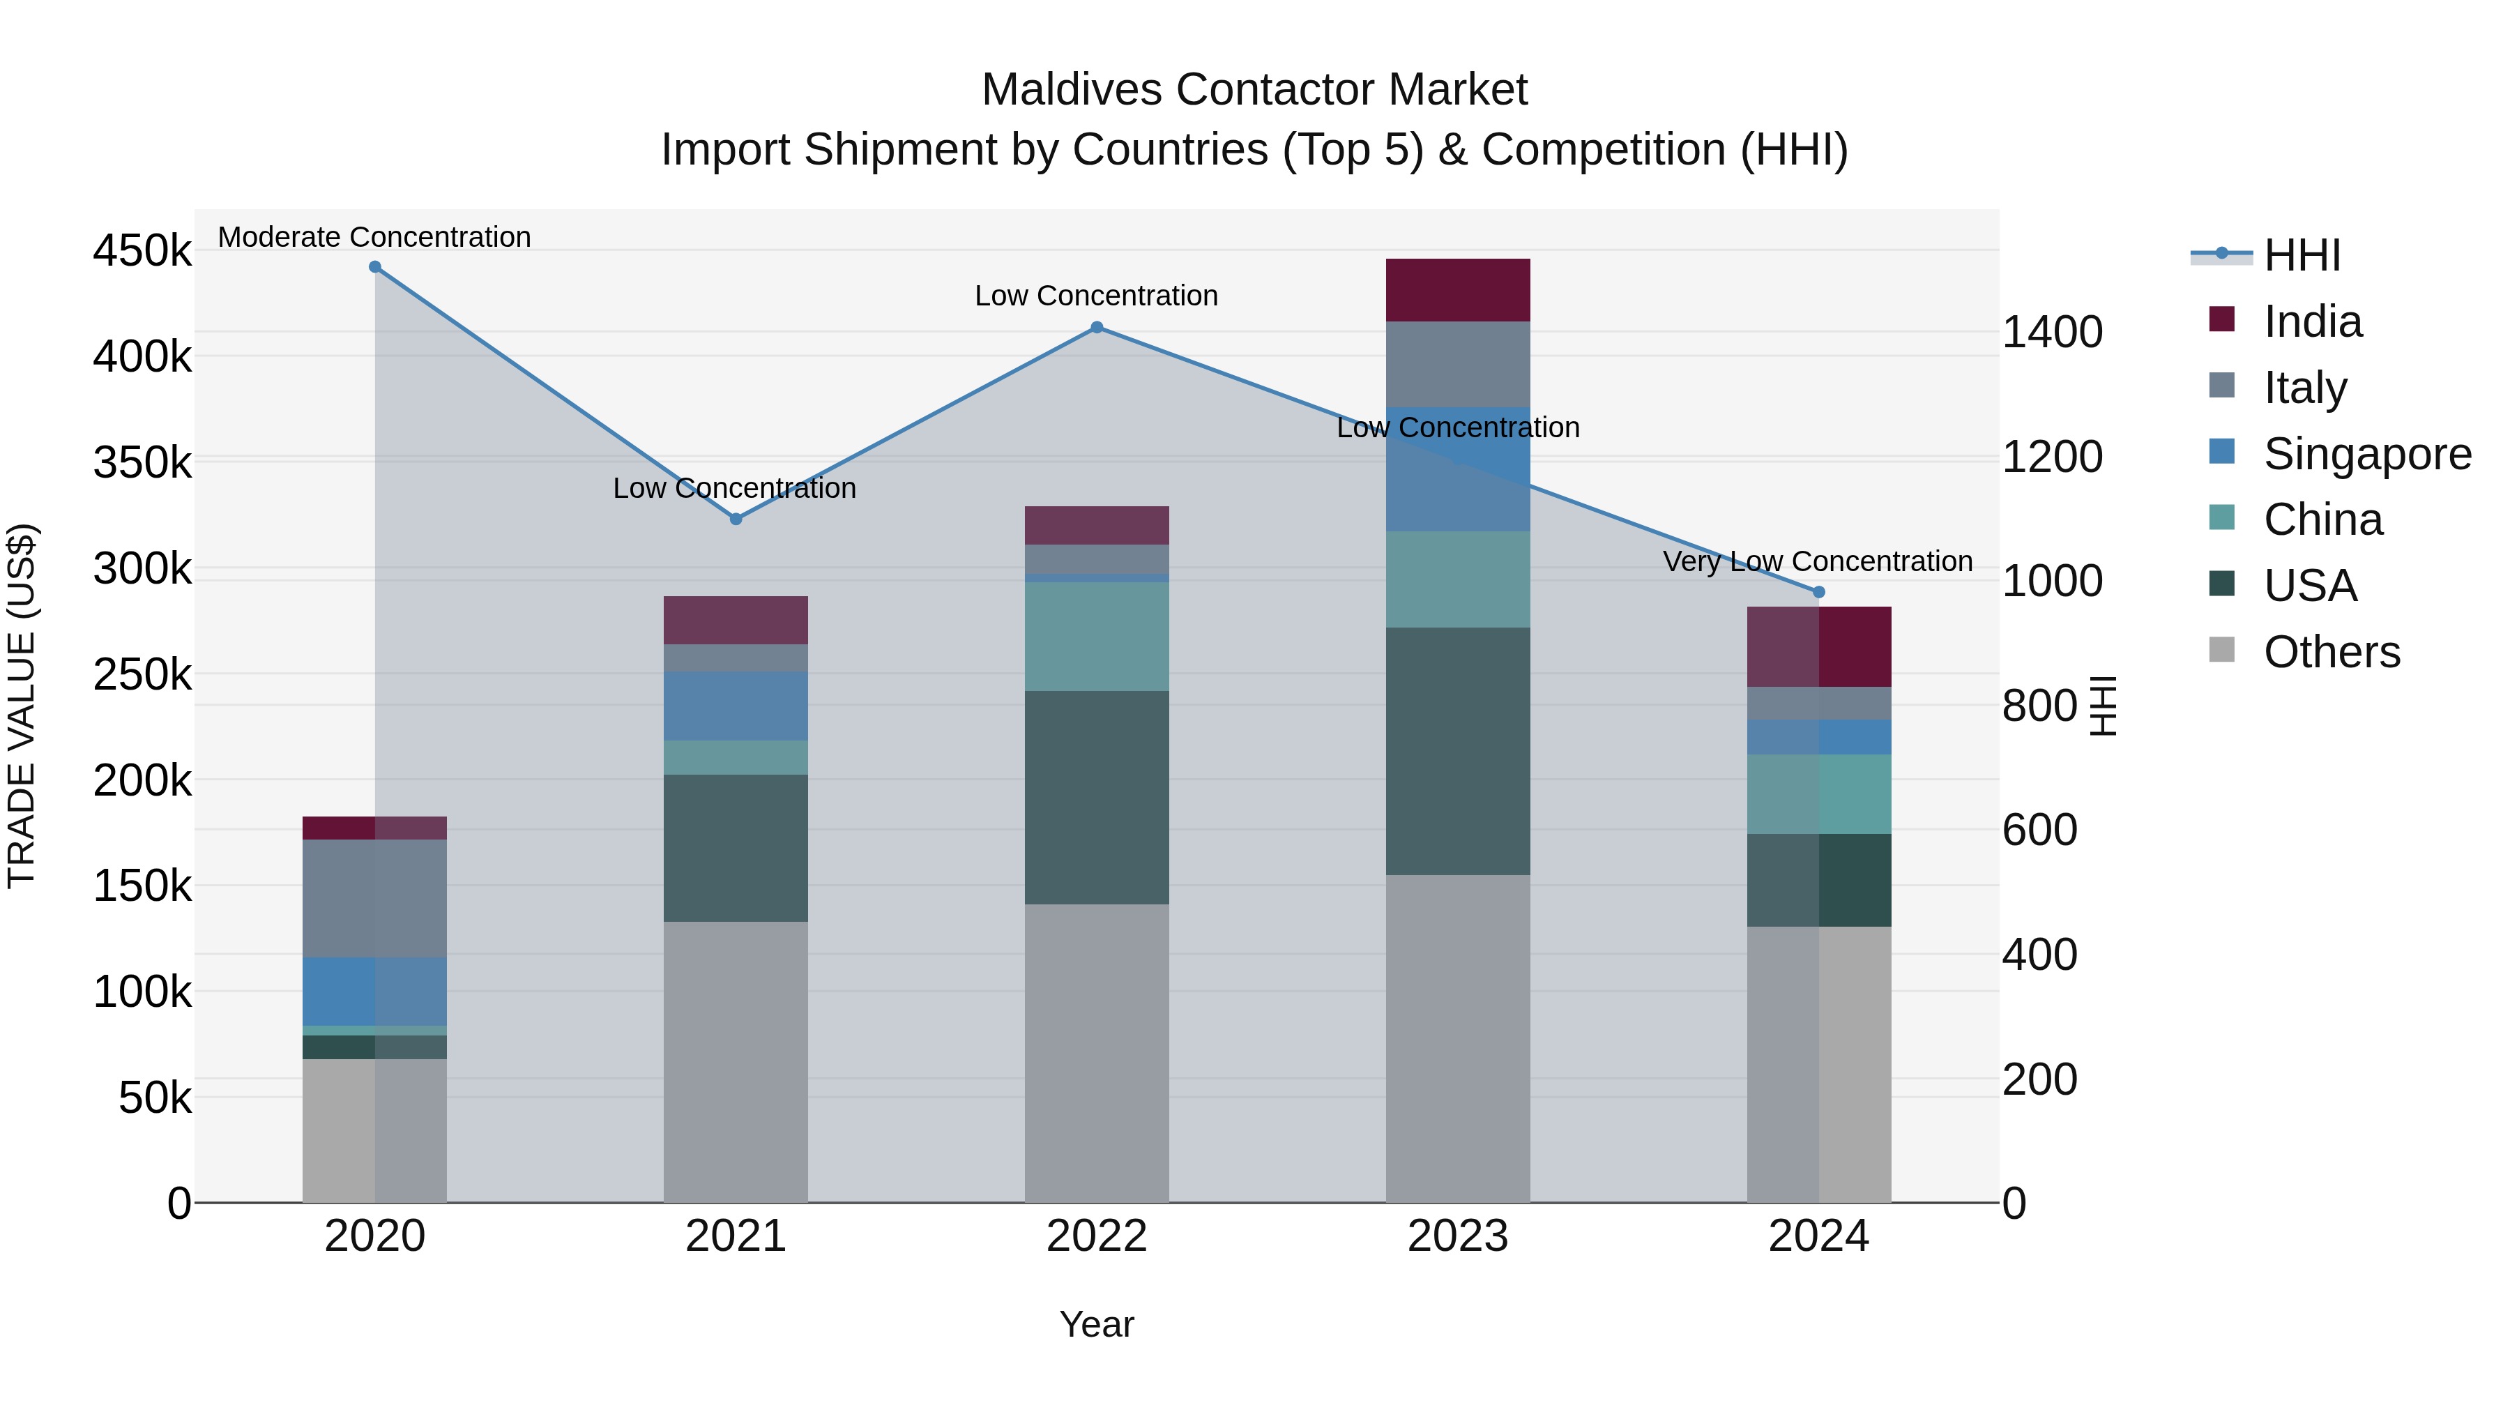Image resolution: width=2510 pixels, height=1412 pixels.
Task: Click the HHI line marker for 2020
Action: (x=375, y=267)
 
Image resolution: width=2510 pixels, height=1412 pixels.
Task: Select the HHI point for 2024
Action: (x=1818, y=591)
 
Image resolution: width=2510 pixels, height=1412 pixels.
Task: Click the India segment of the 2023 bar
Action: (x=1458, y=289)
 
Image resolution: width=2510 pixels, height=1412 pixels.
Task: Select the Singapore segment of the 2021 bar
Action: (x=736, y=706)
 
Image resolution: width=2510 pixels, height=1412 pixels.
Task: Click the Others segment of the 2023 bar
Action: (x=1458, y=1038)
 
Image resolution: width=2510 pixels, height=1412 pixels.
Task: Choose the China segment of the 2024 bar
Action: (x=1818, y=794)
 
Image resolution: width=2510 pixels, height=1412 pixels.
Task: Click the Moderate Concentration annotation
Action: (x=374, y=237)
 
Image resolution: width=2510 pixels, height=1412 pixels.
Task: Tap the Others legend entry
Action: (x=2331, y=652)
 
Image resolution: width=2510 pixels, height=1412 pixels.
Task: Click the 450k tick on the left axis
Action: (x=142, y=252)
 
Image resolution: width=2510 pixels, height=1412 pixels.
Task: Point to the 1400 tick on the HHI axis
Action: (x=2052, y=333)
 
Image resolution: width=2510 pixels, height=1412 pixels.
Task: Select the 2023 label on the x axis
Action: (x=1458, y=1236)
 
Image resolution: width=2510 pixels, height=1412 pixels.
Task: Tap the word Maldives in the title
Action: (x=1073, y=90)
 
